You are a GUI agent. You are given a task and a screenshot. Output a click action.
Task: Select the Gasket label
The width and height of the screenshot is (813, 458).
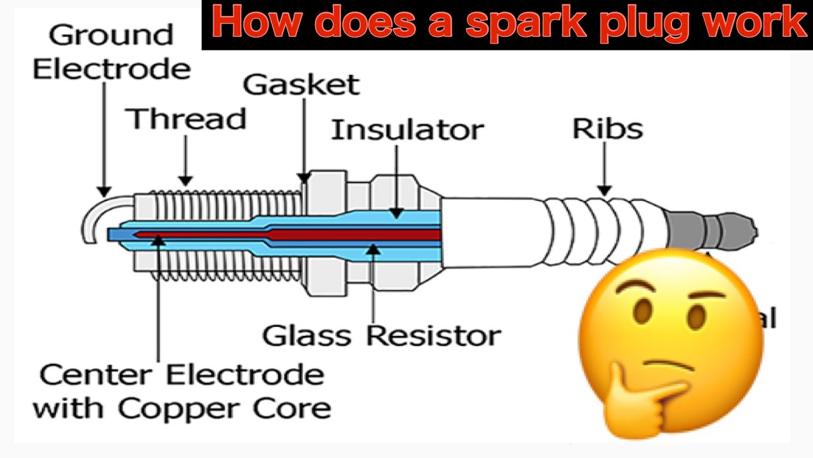(x=301, y=85)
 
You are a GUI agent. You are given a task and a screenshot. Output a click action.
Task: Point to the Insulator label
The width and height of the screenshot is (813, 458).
(x=407, y=130)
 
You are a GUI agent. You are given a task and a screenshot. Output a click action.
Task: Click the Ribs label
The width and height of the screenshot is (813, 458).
(x=607, y=128)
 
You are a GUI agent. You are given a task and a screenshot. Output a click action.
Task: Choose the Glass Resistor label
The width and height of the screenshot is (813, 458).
(x=382, y=335)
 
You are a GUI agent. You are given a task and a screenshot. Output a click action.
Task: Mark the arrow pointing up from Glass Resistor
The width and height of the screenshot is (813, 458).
(x=373, y=280)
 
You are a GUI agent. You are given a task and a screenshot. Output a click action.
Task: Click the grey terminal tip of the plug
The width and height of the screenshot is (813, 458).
(x=711, y=228)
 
